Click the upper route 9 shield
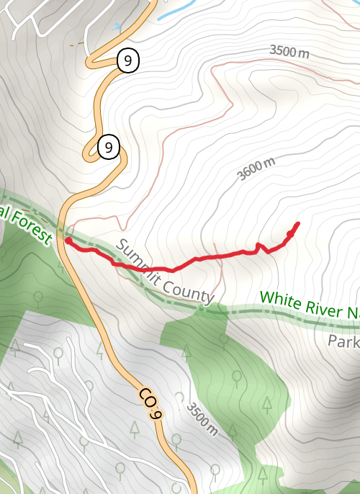tap(127, 61)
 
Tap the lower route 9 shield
tap(108, 148)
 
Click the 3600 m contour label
tap(256, 169)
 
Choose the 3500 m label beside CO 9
tap(201, 420)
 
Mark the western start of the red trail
tap(67, 241)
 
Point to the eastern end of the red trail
tap(297, 223)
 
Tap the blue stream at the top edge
tap(176, 11)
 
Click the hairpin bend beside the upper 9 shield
tap(91, 61)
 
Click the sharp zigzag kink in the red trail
tap(260, 248)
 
